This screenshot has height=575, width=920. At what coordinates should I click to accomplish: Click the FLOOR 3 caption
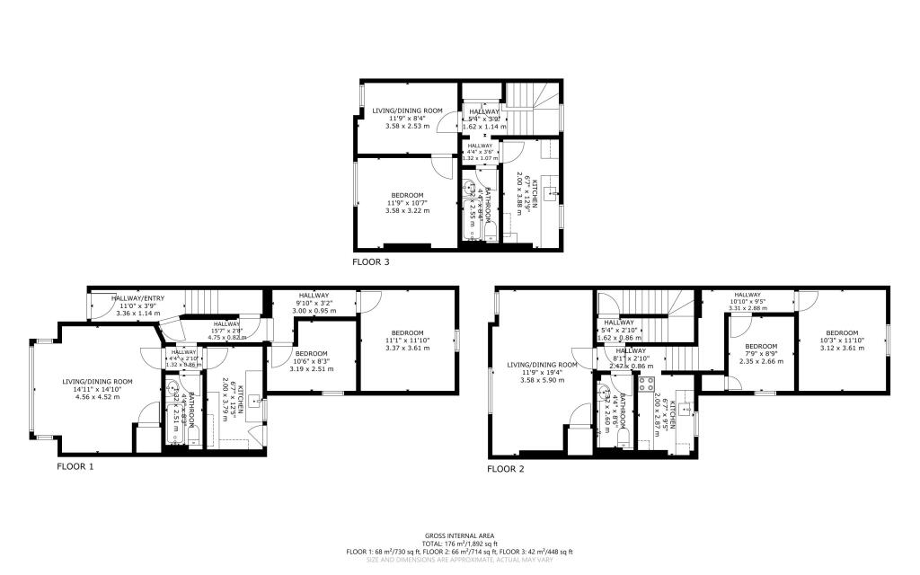pos(376,262)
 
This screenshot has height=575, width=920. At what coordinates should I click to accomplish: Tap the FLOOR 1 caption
pos(75,466)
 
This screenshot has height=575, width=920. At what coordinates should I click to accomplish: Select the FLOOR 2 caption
pos(506,468)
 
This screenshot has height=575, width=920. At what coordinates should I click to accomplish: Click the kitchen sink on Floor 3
pos(553,191)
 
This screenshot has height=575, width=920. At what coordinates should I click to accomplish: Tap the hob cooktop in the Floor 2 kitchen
pos(644,386)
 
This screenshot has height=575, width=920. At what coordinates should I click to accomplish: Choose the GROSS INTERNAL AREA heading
pos(460,535)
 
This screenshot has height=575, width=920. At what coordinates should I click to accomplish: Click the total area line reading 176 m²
pos(460,543)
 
